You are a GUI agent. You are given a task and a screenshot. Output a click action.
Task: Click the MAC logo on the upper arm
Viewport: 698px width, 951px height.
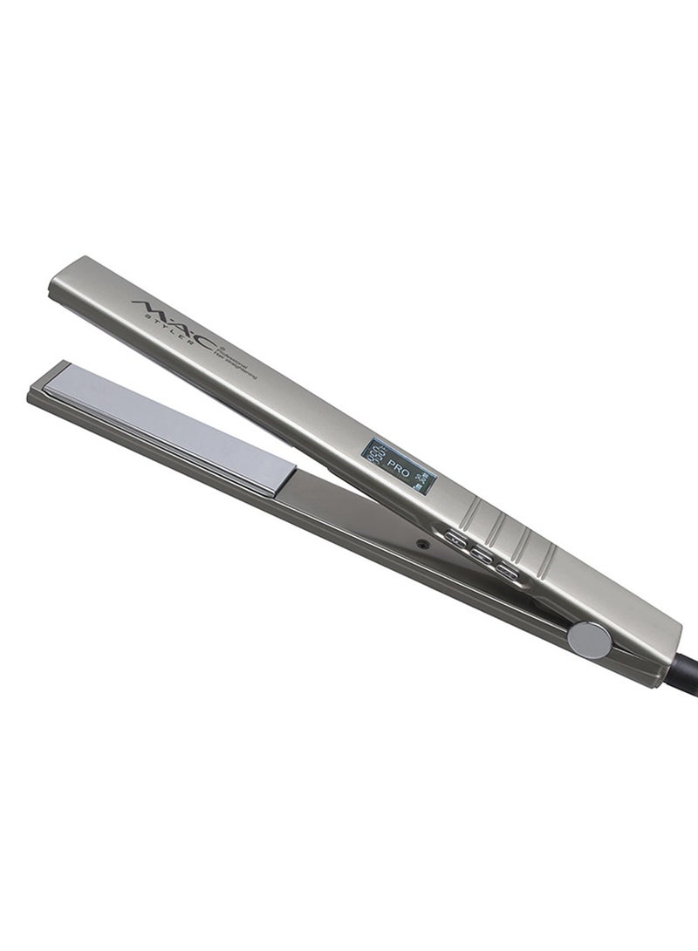point(171,316)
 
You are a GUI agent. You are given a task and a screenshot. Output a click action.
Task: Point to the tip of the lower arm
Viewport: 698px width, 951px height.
point(39,384)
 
